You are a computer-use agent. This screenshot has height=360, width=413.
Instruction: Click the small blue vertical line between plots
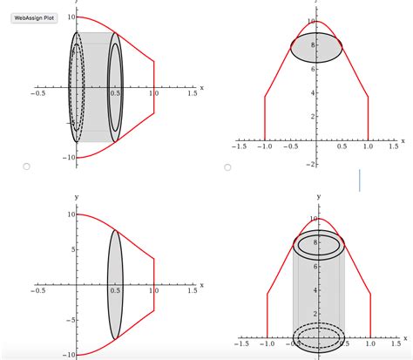tap(359, 180)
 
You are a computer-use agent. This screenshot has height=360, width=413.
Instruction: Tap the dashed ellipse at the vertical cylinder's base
tap(315, 336)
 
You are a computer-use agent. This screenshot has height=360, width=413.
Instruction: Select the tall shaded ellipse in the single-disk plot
tap(114, 284)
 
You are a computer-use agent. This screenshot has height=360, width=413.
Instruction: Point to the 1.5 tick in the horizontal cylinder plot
tap(191, 93)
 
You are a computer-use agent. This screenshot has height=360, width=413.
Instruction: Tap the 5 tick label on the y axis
tap(70, 249)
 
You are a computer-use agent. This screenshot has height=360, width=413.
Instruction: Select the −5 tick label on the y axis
tap(68, 320)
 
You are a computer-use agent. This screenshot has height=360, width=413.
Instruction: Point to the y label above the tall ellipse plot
tap(77, 198)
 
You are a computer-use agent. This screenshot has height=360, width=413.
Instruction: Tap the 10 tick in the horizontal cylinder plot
tap(69, 17)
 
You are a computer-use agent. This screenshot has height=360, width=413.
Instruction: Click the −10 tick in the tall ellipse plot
tap(66, 355)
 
